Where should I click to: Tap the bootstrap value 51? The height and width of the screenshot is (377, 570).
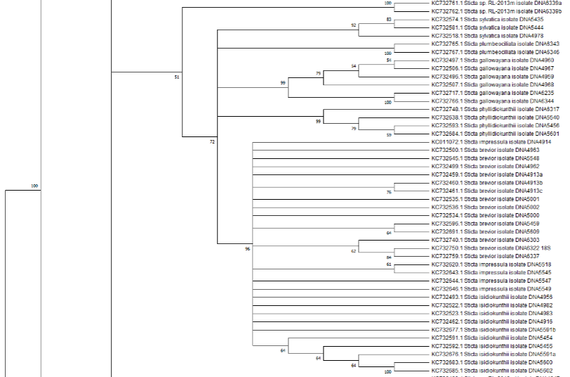point(177,77)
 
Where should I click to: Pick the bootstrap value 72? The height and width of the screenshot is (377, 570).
point(212,142)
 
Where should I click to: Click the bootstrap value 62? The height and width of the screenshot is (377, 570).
point(353,250)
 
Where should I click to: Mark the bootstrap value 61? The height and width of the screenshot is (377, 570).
point(388,264)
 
